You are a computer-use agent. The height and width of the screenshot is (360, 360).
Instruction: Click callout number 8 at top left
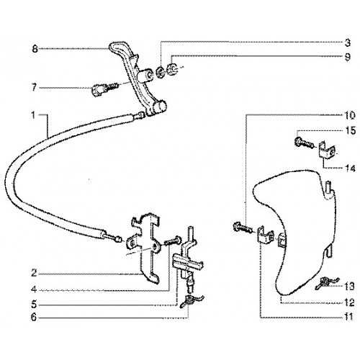tap(35, 50)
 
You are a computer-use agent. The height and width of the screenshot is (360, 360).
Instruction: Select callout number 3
tap(347, 43)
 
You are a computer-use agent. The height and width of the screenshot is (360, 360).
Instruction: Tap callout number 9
tap(347, 57)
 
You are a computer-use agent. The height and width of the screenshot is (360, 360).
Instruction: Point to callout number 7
tap(34, 87)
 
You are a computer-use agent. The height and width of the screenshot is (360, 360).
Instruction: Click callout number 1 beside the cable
tap(33, 115)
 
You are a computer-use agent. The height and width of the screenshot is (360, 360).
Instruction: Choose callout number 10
tap(350, 115)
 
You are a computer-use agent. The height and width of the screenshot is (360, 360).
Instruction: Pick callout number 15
tap(350, 131)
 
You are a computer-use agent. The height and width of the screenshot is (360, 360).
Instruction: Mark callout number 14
tap(350, 168)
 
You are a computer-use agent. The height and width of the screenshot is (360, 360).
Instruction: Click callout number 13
tap(349, 287)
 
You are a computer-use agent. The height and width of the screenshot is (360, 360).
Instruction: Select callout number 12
tap(349, 303)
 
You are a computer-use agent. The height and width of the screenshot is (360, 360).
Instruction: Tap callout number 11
tap(348, 317)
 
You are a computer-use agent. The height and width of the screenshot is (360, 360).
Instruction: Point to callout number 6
tap(34, 318)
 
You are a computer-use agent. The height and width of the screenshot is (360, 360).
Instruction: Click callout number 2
tap(34, 274)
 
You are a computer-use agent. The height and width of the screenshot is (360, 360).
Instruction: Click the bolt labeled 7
tap(104, 89)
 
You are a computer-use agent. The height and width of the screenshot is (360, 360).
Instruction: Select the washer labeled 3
tap(160, 71)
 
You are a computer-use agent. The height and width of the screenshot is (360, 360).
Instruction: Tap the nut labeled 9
tap(172, 68)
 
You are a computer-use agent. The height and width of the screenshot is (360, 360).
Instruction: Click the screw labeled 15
tap(303, 143)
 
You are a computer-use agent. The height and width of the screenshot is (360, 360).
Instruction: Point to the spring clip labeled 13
tap(328, 282)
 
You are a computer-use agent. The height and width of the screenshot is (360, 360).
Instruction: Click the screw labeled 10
tap(243, 228)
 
